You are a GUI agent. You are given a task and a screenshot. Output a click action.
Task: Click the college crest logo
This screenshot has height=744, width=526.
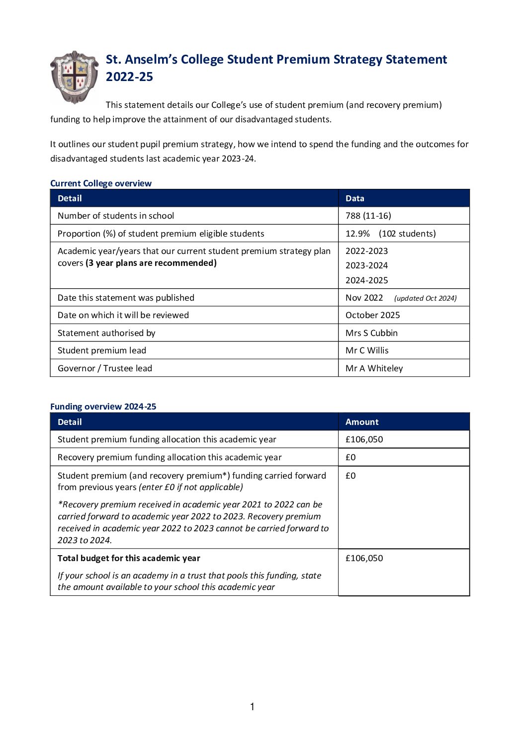(x=75, y=77)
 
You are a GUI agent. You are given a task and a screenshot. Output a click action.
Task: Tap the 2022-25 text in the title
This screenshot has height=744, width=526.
(x=129, y=77)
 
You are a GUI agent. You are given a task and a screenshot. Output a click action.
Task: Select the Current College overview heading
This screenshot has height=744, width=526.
(x=101, y=183)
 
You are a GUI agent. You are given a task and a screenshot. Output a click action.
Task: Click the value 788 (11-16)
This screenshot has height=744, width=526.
(x=368, y=216)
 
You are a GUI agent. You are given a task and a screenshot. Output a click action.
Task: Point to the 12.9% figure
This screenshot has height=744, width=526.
(x=357, y=234)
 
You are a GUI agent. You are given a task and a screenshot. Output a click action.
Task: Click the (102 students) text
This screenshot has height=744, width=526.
(x=407, y=234)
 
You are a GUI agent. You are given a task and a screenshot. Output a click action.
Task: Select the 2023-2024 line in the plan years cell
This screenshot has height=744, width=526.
(x=366, y=265)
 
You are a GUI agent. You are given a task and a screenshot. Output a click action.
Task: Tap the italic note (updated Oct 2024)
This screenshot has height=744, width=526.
(x=425, y=298)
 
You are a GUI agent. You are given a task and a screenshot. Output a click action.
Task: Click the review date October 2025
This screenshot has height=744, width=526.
(x=372, y=315)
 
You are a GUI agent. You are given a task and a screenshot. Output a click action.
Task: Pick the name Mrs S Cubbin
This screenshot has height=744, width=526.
(x=371, y=333)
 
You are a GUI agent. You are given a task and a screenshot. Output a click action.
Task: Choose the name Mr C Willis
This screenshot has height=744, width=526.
(x=367, y=350)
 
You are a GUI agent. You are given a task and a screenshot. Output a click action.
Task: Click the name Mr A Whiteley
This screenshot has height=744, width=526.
(x=374, y=368)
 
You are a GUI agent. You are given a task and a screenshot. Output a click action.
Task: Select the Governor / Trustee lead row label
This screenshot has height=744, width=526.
(x=105, y=368)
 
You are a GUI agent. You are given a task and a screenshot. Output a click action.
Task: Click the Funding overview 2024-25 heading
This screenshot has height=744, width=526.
(x=103, y=407)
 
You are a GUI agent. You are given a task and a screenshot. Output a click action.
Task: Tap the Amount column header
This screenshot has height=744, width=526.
(x=362, y=422)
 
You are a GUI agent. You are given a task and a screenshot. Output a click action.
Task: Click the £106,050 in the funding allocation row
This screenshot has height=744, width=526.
(x=364, y=439)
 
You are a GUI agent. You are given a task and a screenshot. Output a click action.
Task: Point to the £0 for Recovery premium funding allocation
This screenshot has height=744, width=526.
(x=351, y=457)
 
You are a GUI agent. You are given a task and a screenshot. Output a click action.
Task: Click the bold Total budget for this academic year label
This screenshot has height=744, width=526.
(x=129, y=558)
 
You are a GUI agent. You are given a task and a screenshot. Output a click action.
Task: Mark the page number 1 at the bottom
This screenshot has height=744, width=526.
(x=252, y=707)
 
